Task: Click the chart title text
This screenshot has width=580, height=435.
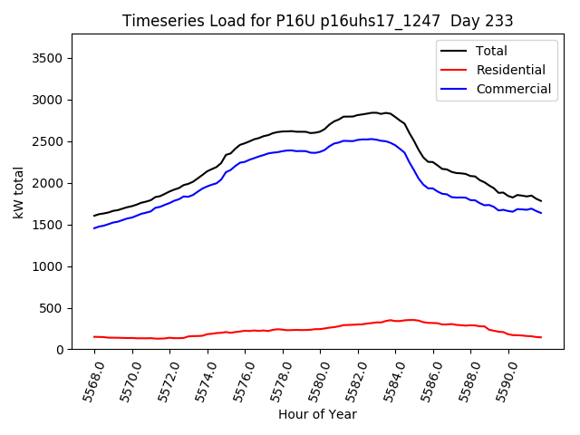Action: pyautogui.click(x=317, y=21)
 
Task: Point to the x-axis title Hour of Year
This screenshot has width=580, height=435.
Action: pyautogui.click(x=317, y=414)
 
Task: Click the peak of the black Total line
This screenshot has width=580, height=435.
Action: pyautogui.click(x=373, y=112)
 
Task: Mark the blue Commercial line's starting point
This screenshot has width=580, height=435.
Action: pyautogui.click(x=94, y=228)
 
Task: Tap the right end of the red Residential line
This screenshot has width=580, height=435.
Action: pyautogui.click(x=541, y=337)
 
